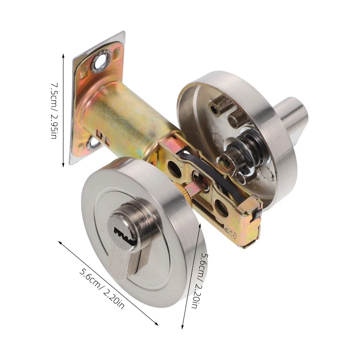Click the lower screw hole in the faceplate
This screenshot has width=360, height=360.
94,144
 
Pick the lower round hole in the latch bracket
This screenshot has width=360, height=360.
221,206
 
